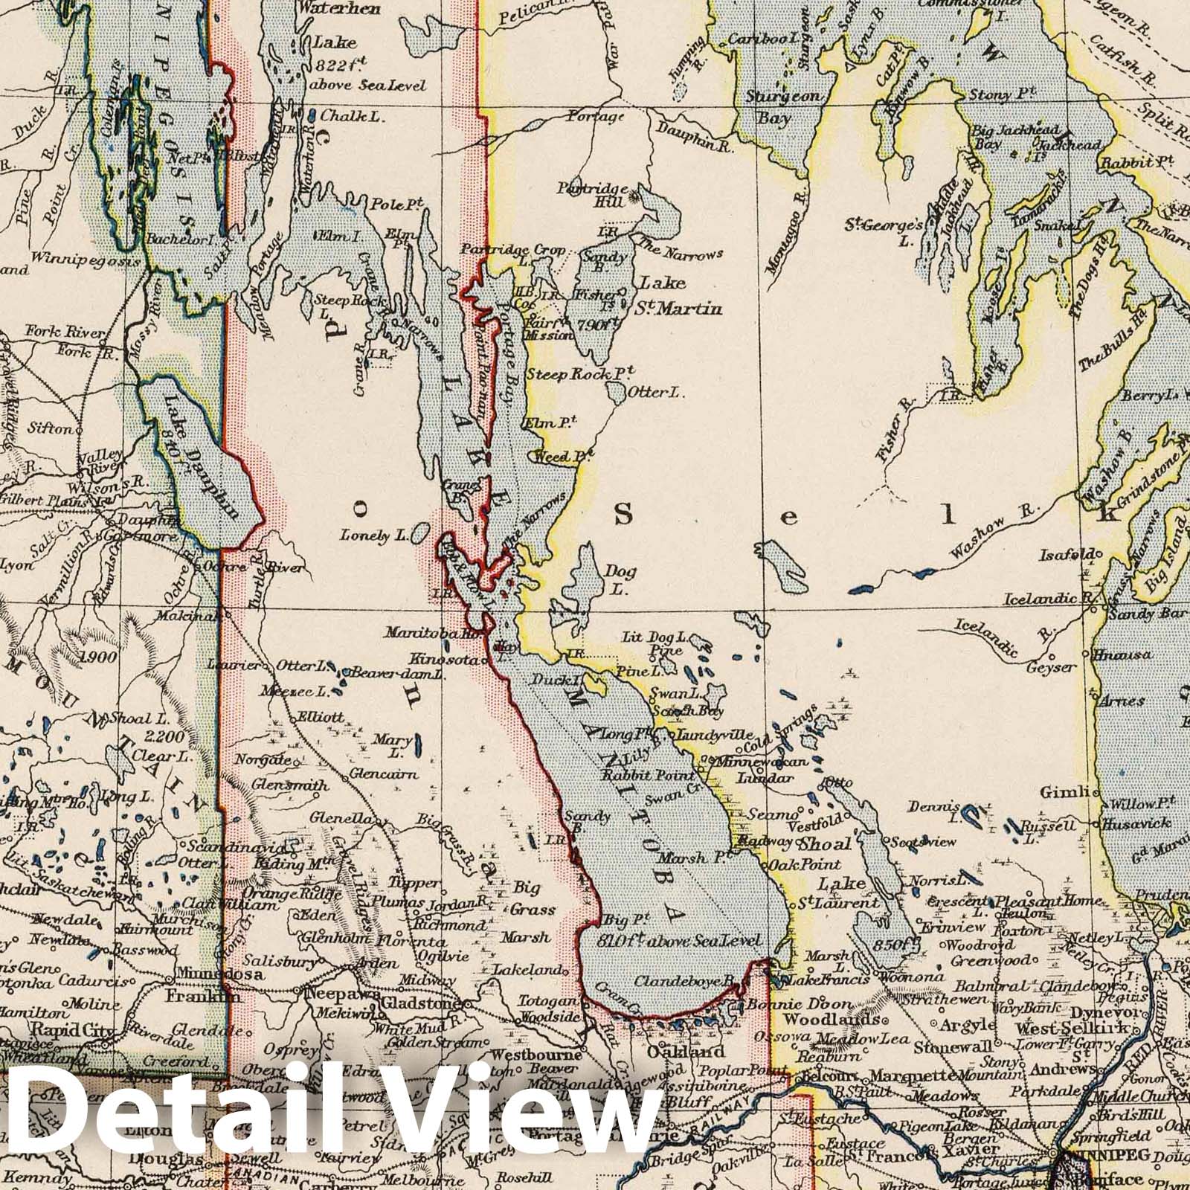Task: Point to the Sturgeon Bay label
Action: click(x=788, y=106)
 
